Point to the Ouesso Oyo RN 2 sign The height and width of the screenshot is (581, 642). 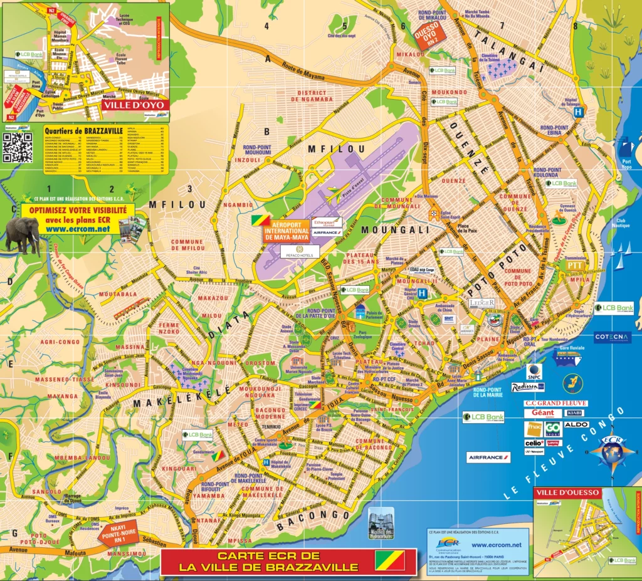(x=429, y=38)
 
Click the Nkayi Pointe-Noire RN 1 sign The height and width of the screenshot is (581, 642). (x=118, y=534)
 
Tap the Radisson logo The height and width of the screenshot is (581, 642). (x=527, y=387)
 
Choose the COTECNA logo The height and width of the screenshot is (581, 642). (x=612, y=337)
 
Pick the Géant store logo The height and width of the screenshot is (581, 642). (x=542, y=412)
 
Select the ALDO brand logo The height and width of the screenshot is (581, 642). (x=576, y=424)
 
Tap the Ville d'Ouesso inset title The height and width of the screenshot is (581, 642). (x=567, y=493)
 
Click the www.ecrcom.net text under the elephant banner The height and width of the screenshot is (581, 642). (x=77, y=229)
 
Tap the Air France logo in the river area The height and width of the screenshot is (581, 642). (x=488, y=458)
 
